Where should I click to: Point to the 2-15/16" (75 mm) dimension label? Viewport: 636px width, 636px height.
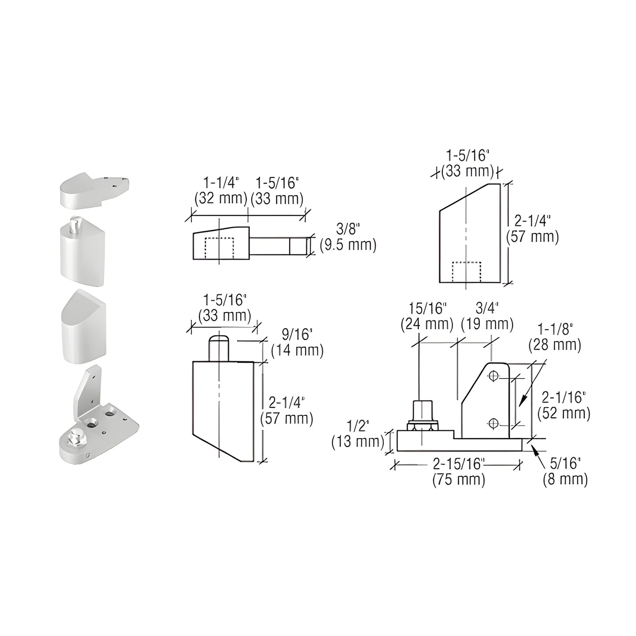point(459,471)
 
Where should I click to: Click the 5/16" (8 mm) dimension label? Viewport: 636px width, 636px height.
point(565,471)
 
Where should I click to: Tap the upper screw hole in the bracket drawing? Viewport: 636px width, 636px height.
point(493,376)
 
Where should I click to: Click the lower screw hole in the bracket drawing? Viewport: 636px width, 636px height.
point(493,423)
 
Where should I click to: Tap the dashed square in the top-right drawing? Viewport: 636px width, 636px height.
point(467,272)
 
